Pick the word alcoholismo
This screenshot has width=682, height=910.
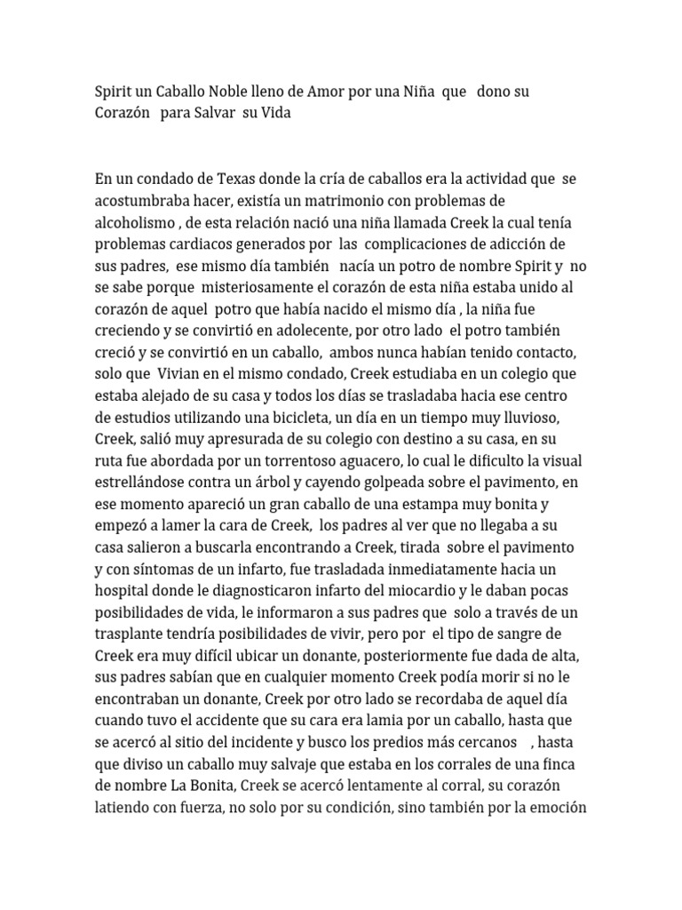point(135,222)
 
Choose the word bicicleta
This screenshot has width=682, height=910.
point(314,417)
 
